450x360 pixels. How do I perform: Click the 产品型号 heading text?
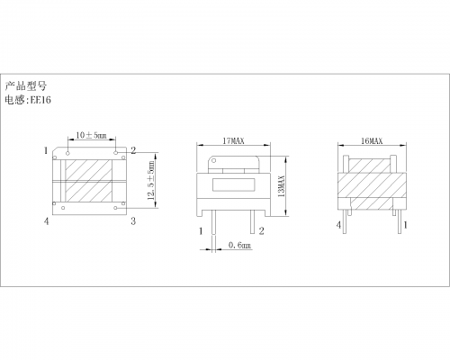(26, 86)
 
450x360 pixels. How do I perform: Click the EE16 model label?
(40, 100)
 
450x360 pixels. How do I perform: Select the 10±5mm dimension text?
(91, 135)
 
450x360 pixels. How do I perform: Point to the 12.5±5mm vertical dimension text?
(152, 181)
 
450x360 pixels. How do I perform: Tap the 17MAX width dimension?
(233, 140)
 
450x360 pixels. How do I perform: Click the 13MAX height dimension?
(282, 186)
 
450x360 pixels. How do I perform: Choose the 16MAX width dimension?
(372, 141)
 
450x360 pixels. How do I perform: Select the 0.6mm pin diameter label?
(239, 245)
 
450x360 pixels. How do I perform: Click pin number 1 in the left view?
(46, 150)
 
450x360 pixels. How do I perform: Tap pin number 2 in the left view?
(133, 150)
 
